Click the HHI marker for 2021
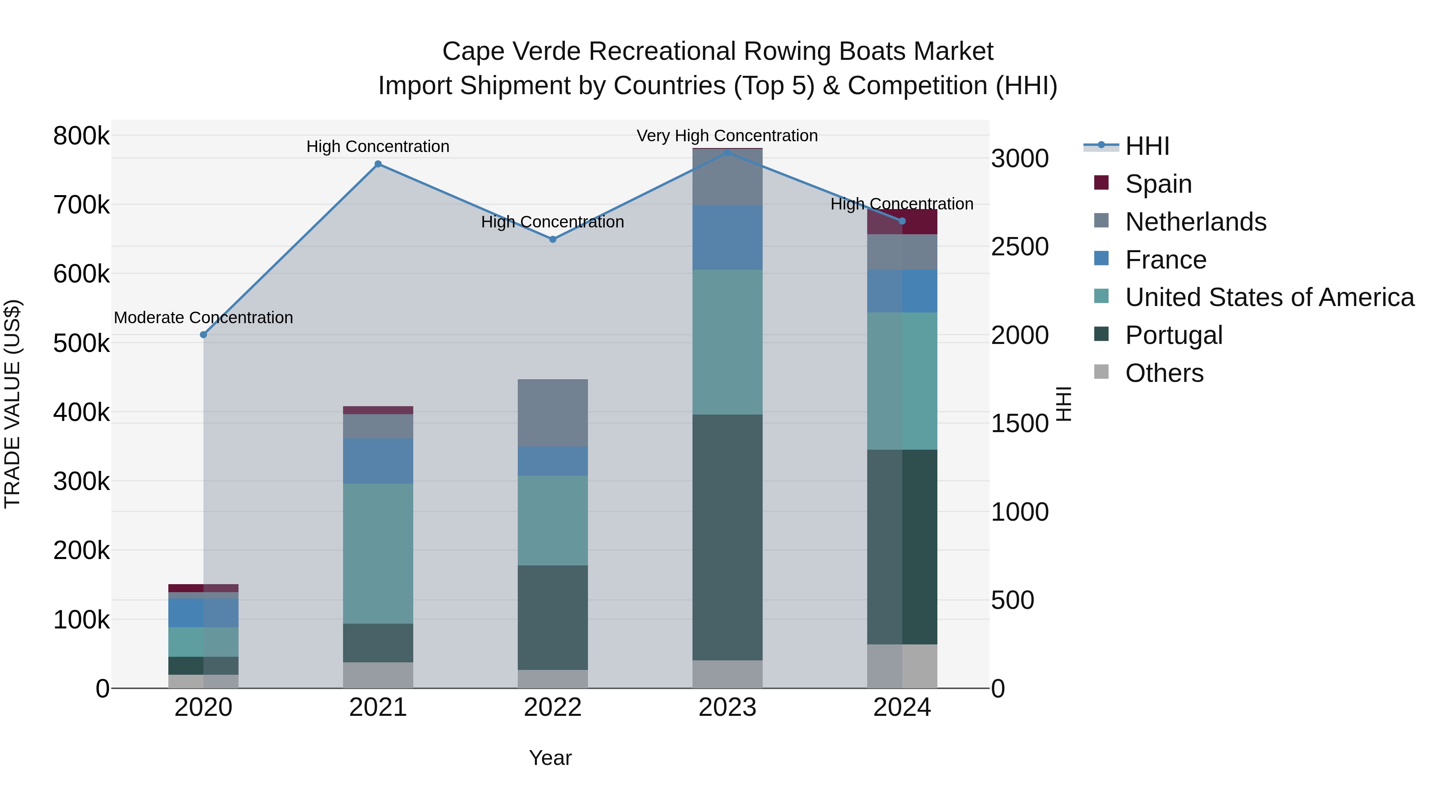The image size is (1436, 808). (x=378, y=164)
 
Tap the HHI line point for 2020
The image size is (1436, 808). (x=203, y=335)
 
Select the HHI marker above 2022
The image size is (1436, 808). (x=553, y=239)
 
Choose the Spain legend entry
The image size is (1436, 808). (x=1158, y=184)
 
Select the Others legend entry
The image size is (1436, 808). (x=1164, y=373)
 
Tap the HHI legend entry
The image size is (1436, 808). (x=1147, y=146)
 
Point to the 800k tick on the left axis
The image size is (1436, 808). (x=81, y=136)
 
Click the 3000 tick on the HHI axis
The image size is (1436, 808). (x=1020, y=158)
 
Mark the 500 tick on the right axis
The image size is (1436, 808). (x=1012, y=600)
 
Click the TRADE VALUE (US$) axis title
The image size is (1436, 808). (x=12, y=404)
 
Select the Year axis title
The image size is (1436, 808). (x=550, y=758)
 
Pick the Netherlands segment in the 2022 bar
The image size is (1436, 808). (x=553, y=413)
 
